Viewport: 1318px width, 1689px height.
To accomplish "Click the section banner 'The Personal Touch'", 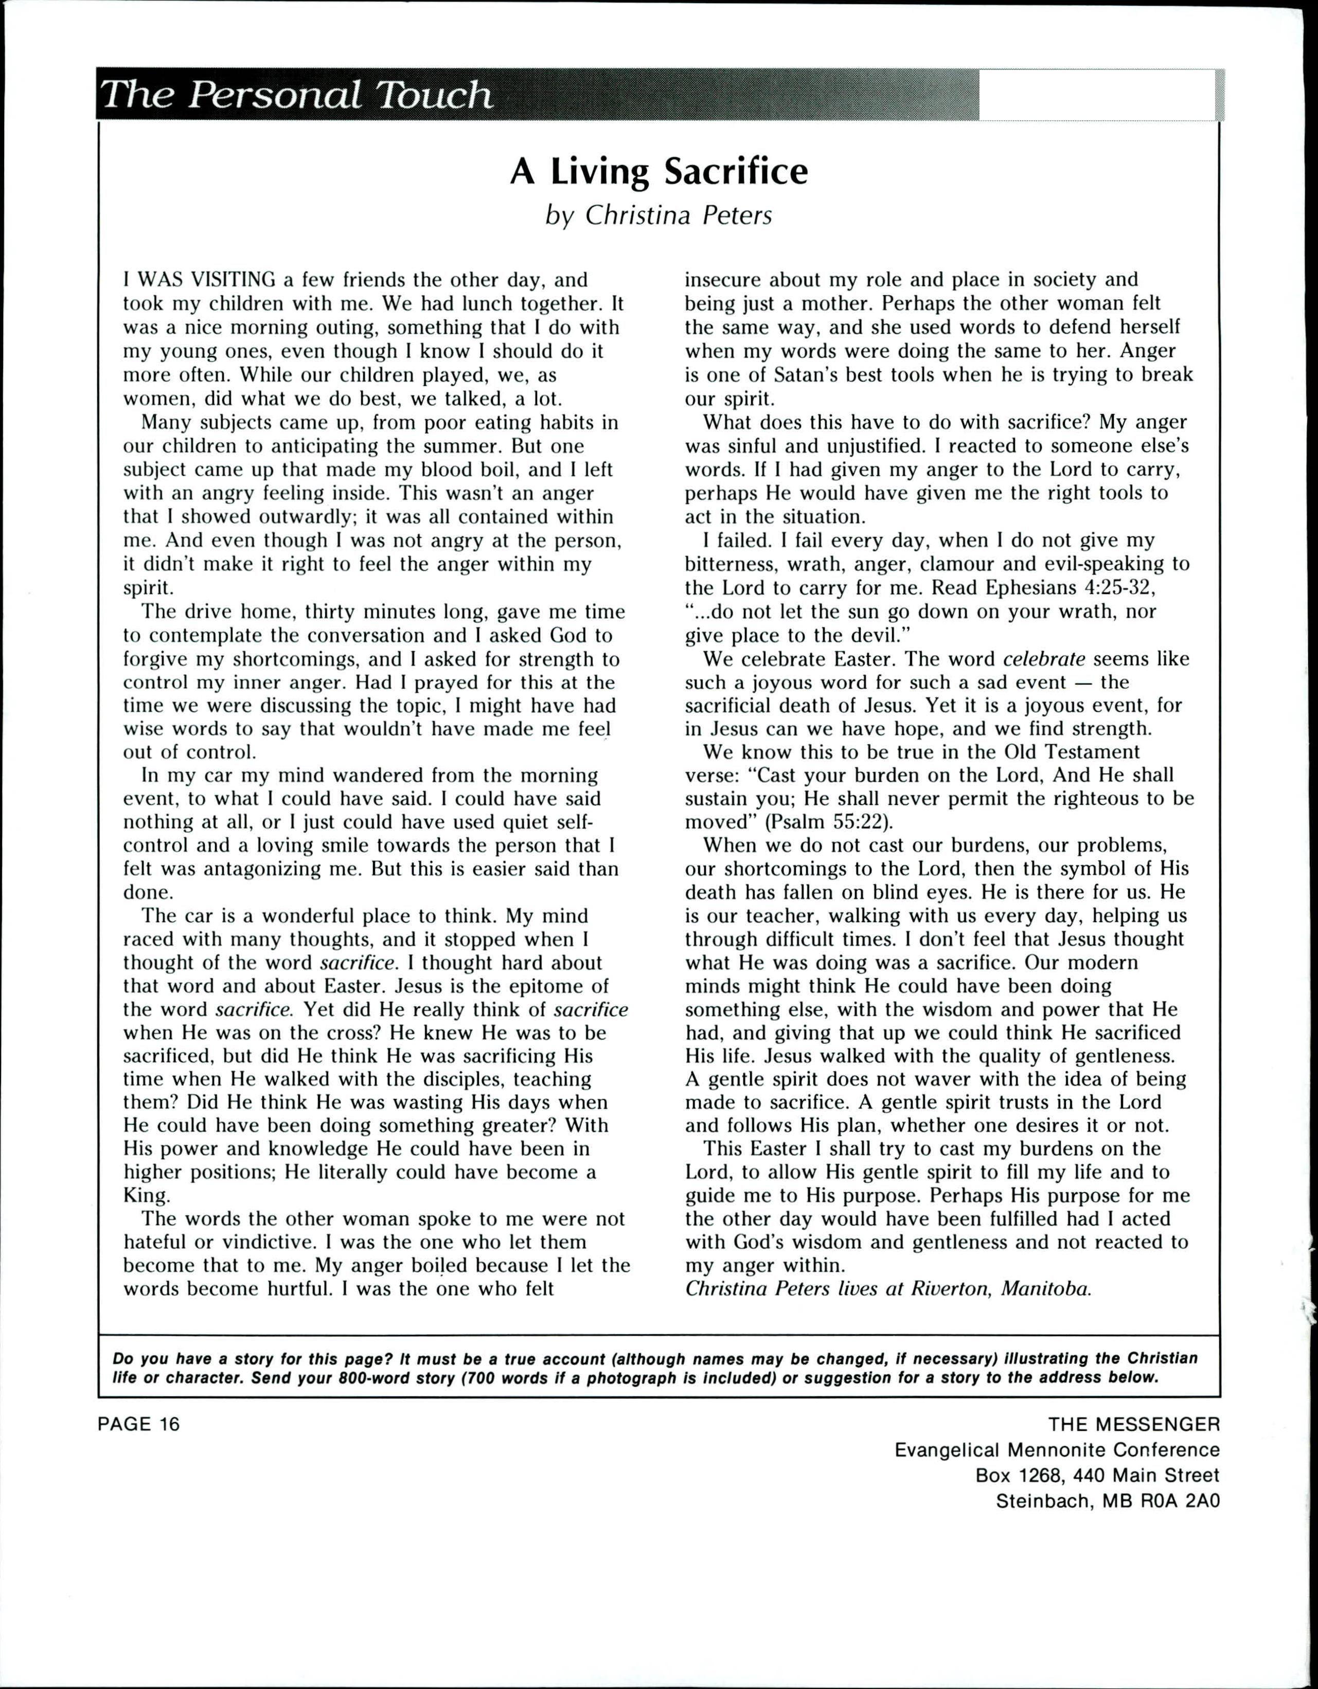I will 297,96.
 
